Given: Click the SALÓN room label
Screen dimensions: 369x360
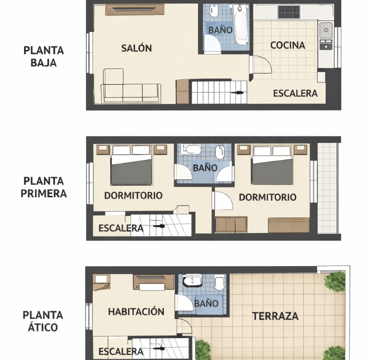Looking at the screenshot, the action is coord(136,48).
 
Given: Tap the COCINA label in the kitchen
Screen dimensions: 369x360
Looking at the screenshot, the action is coord(288,45).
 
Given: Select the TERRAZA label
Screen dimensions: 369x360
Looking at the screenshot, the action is coord(275,316).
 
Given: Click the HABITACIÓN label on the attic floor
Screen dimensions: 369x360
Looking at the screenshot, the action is coord(136,311).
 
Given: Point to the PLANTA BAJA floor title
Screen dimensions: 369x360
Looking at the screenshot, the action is coord(44,56).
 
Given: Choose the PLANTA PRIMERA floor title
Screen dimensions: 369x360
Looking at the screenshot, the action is coord(44,187).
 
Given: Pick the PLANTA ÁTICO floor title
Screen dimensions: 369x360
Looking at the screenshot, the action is coord(43,321).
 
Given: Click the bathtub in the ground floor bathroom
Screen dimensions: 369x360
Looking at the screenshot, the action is coord(241,24).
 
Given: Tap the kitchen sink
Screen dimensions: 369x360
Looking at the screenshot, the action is coord(326,30).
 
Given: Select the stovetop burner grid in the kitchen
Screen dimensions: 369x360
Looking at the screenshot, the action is coord(289,12).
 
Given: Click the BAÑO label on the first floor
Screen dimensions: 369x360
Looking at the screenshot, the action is coord(205,168).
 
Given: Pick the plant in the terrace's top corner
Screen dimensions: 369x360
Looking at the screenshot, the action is coord(335,282).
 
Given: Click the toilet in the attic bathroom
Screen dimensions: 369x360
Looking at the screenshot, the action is coord(220,283).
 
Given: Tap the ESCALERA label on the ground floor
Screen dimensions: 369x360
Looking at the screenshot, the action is coord(296,94).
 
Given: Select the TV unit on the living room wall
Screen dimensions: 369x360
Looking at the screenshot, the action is coord(134,10).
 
